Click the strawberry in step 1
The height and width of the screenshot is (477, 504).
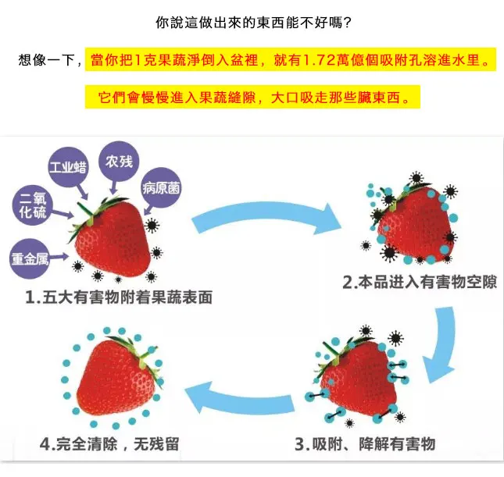(112, 234)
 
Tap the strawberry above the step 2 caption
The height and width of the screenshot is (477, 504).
(412, 222)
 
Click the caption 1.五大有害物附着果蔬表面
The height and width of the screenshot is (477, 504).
(118, 298)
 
